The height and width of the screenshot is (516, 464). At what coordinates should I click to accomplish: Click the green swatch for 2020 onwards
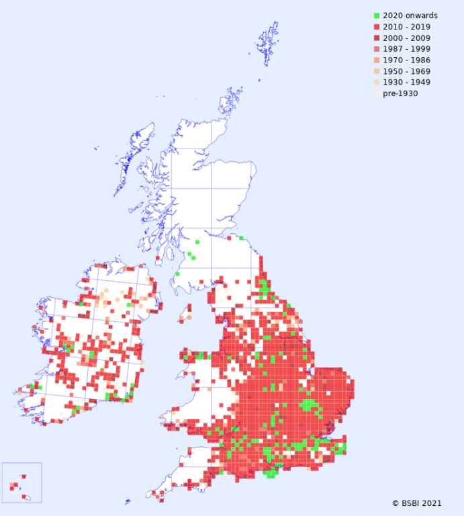click(x=377, y=15)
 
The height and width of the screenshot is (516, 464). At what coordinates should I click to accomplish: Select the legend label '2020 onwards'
click(x=410, y=15)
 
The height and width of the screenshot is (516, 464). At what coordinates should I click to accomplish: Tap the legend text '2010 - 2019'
click(x=407, y=27)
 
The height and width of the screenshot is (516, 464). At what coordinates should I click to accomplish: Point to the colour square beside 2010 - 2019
click(x=377, y=27)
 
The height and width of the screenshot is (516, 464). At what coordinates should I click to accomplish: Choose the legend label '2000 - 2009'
click(x=407, y=38)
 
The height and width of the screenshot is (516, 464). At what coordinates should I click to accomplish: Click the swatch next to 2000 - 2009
click(x=377, y=38)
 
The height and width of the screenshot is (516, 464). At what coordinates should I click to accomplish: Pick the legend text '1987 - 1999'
click(x=407, y=49)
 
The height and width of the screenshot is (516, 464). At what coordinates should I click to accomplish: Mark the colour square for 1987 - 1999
click(x=377, y=49)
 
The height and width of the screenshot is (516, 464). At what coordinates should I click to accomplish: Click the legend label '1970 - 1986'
click(x=407, y=60)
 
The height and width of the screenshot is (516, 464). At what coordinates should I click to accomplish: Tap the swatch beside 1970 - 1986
click(x=377, y=60)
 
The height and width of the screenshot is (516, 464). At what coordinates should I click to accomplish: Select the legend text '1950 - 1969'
click(x=407, y=71)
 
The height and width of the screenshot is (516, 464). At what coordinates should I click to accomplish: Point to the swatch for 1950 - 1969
click(x=377, y=71)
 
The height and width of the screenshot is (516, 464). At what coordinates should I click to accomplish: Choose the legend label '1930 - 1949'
click(x=407, y=82)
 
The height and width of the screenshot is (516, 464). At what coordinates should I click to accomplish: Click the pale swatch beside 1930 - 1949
click(x=377, y=82)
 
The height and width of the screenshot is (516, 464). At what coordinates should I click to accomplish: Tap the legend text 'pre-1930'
click(x=400, y=93)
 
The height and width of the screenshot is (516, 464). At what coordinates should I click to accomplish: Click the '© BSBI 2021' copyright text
click(x=417, y=503)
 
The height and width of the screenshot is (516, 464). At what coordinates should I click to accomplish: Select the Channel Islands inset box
click(x=21, y=482)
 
